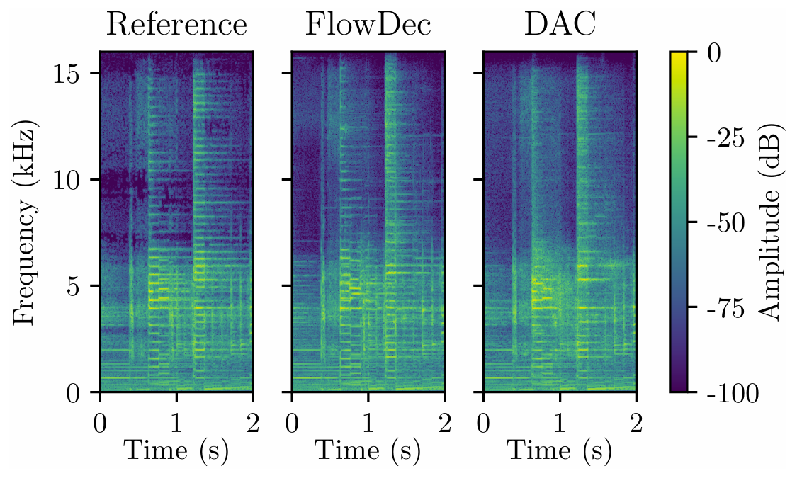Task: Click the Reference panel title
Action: pyautogui.click(x=176, y=25)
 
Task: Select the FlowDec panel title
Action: pyautogui.click(x=368, y=25)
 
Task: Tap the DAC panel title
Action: pyautogui.click(x=559, y=25)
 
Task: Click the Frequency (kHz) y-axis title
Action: pyautogui.click(x=26, y=222)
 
